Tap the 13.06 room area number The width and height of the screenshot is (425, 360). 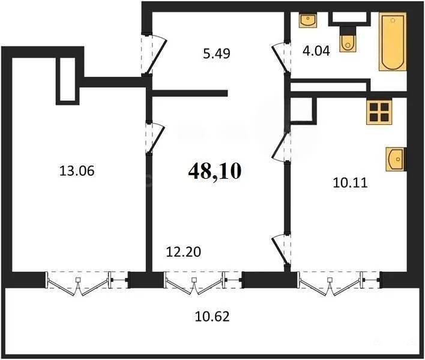click(77, 171)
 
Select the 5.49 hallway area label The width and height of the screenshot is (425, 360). click(217, 53)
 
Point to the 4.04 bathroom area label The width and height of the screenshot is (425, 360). click(316, 50)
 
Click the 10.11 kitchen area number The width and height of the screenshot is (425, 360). click(350, 183)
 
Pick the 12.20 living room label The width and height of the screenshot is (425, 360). click(184, 252)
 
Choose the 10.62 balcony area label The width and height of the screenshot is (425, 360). click(212, 316)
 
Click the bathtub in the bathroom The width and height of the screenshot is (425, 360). click(392, 41)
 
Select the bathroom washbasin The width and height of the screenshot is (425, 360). click(308, 20)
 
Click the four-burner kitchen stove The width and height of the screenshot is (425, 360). click(379, 112)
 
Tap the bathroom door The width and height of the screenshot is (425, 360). click(281, 58)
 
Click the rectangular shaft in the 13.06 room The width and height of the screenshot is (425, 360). click(67, 81)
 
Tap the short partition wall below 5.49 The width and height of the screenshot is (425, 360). click(190, 93)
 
